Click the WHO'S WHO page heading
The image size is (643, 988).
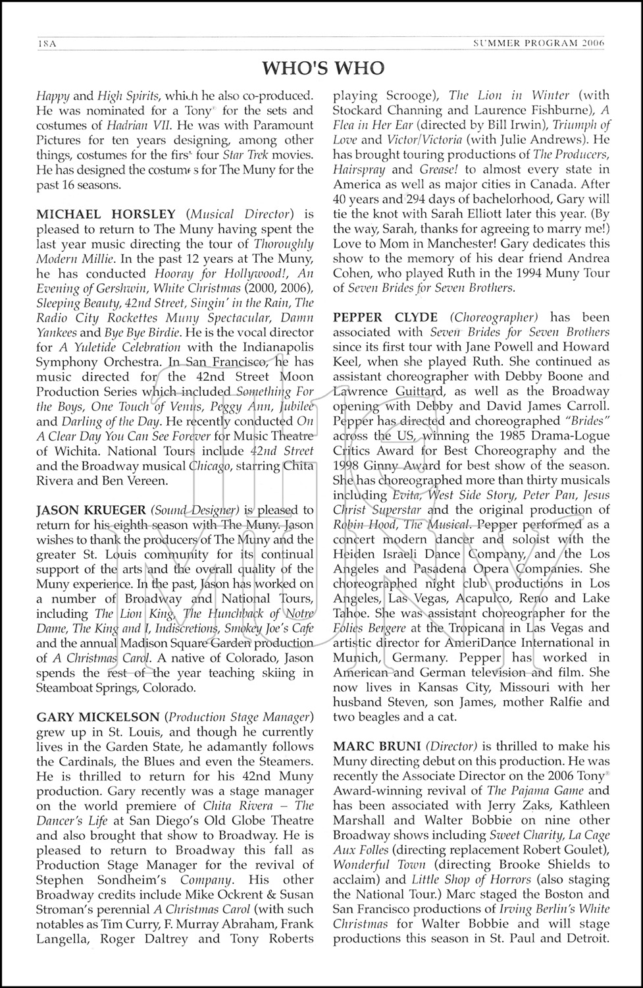[322, 68]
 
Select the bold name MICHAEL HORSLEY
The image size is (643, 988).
[106, 214]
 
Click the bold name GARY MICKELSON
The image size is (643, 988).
[97, 717]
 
